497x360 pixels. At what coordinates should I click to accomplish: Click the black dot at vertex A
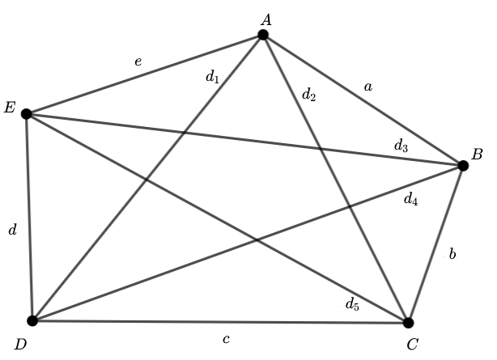[x=263, y=35]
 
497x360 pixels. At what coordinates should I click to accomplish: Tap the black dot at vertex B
[x=463, y=166]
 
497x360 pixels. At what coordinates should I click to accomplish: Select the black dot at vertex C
[x=409, y=323]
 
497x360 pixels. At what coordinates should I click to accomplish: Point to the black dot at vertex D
[x=32, y=320]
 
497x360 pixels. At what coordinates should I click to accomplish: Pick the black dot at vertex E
[x=27, y=114]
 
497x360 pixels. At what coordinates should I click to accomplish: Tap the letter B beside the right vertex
[x=477, y=154]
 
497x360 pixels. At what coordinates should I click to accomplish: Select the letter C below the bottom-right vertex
[x=412, y=345]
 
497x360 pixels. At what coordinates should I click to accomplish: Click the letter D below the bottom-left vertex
[x=20, y=345]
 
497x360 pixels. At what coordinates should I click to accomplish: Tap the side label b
[x=452, y=254]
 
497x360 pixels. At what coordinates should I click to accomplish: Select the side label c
[x=226, y=339]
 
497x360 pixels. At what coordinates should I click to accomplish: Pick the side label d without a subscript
[x=12, y=231]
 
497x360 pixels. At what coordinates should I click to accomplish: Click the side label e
[x=138, y=61]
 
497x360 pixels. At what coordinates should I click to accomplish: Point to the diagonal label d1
[x=212, y=78]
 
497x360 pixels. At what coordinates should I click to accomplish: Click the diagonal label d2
[x=308, y=95]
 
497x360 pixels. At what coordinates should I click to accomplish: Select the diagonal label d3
[x=401, y=146]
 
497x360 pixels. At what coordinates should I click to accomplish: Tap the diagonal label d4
[x=410, y=198]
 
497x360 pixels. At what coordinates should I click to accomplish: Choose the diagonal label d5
[x=351, y=304]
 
